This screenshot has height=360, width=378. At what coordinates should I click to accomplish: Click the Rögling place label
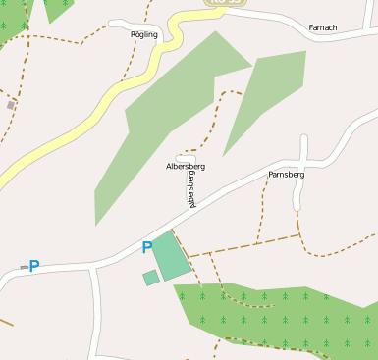[x=143, y=34]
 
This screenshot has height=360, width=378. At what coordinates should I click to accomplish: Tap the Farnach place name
[x=322, y=26]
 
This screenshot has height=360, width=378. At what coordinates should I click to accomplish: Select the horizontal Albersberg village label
[x=186, y=167]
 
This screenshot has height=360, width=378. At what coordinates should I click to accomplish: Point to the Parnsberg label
[x=287, y=174]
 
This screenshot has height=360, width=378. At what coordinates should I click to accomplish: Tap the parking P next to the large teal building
[x=147, y=248]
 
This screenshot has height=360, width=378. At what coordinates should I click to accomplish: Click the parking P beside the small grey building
[x=34, y=266]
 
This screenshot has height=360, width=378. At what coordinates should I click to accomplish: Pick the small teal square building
[x=150, y=279]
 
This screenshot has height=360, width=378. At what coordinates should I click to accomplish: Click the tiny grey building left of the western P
[x=24, y=267]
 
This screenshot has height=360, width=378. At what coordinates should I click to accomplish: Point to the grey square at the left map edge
[x=11, y=104]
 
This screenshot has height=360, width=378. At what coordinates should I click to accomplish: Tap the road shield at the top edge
[x=224, y=3]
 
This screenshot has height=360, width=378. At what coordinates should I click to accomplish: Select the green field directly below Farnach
[x=270, y=93]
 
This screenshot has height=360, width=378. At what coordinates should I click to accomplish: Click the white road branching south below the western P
[x=95, y=314]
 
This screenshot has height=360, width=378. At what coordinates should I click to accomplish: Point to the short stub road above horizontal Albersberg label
[x=186, y=156]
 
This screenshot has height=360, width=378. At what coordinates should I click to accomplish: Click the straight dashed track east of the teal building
[x=245, y=245]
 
